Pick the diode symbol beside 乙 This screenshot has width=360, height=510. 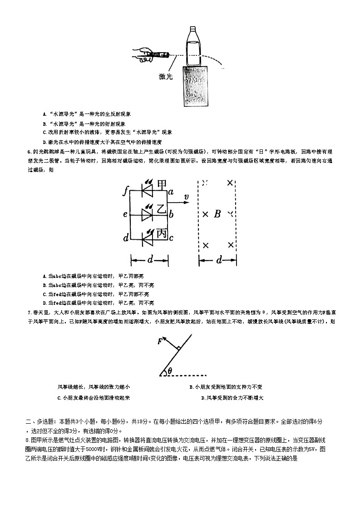tap(147, 214)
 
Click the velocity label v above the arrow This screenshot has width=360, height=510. tap(186, 196)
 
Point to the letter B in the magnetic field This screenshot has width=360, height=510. tap(217, 213)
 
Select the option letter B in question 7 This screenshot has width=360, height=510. tap(191, 387)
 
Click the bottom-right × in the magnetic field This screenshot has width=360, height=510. tap(231, 245)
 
